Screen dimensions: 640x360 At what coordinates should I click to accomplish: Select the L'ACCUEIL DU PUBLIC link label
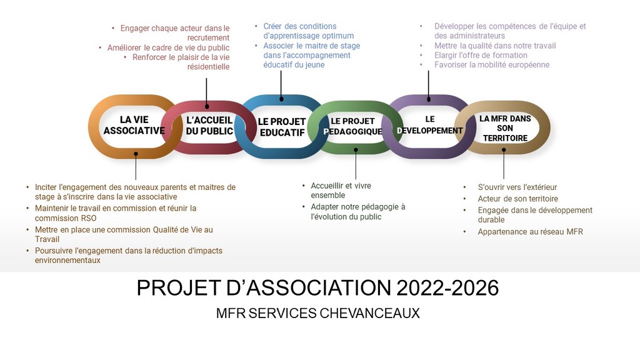pos(209,126)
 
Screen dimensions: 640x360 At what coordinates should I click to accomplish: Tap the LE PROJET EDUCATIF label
pos(282,127)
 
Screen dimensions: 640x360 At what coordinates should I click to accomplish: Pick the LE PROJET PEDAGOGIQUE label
pos(353,126)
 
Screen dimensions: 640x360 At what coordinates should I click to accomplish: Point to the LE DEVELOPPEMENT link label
pos(430,125)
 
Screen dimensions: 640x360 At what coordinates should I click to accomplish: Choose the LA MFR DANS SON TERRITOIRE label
pos(505,128)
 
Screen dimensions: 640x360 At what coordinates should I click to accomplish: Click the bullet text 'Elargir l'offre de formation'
pos(481,55)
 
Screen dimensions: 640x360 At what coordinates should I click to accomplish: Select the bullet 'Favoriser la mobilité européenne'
pos(492,64)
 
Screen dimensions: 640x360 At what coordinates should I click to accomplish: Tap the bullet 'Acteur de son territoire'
pos(518,199)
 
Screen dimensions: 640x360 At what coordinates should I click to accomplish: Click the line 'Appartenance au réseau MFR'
pos(530,232)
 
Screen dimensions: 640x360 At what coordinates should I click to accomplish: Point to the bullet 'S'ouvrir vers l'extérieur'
pos(517,187)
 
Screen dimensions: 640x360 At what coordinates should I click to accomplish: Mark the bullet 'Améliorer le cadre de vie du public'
pos(168,47)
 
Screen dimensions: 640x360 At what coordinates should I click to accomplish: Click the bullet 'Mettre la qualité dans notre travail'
pos(495,46)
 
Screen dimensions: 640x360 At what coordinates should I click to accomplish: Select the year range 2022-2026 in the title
pos(447,287)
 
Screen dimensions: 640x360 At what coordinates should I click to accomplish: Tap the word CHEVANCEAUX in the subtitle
pos(370,313)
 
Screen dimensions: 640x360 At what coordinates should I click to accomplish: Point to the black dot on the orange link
pos(136,154)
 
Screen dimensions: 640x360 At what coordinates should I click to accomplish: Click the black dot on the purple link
pos(429,99)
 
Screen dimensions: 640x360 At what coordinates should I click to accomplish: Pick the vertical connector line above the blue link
pos(281,84)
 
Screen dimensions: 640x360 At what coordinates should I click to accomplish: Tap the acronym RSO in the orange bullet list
pos(88,218)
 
